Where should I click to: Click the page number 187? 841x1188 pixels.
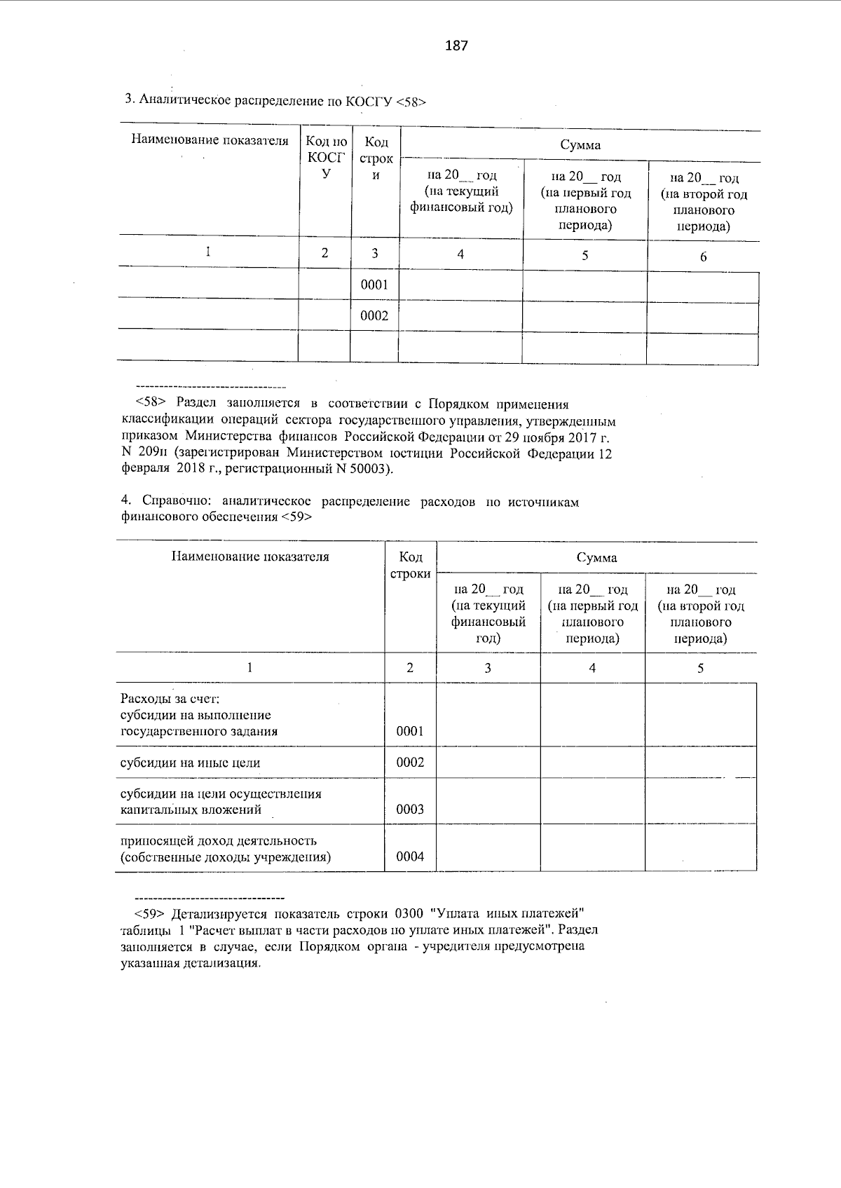[x=456, y=46]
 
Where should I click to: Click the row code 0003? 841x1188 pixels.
[x=410, y=810]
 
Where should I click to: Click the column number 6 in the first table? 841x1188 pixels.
[x=703, y=257]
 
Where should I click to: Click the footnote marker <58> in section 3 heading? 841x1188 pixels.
[x=411, y=101]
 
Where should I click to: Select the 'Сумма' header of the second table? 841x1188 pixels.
[x=596, y=558]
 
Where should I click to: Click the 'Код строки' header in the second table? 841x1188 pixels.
[x=410, y=565]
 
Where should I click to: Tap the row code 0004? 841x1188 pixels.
[x=410, y=856]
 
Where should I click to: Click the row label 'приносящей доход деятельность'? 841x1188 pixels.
[x=219, y=840]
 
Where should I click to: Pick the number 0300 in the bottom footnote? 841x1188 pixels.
[x=409, y=914]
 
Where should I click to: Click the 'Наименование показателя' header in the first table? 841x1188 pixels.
[x=210, y=140]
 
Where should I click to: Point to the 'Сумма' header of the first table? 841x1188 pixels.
[x=580, y=145]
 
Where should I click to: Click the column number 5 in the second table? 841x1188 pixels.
[x=700, y=668]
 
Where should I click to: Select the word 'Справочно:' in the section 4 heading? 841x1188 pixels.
[x=178, y=502]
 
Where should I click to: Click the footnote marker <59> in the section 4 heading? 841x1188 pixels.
[x=296, y=518]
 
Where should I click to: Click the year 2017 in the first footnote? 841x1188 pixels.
[x=580, y=437]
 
